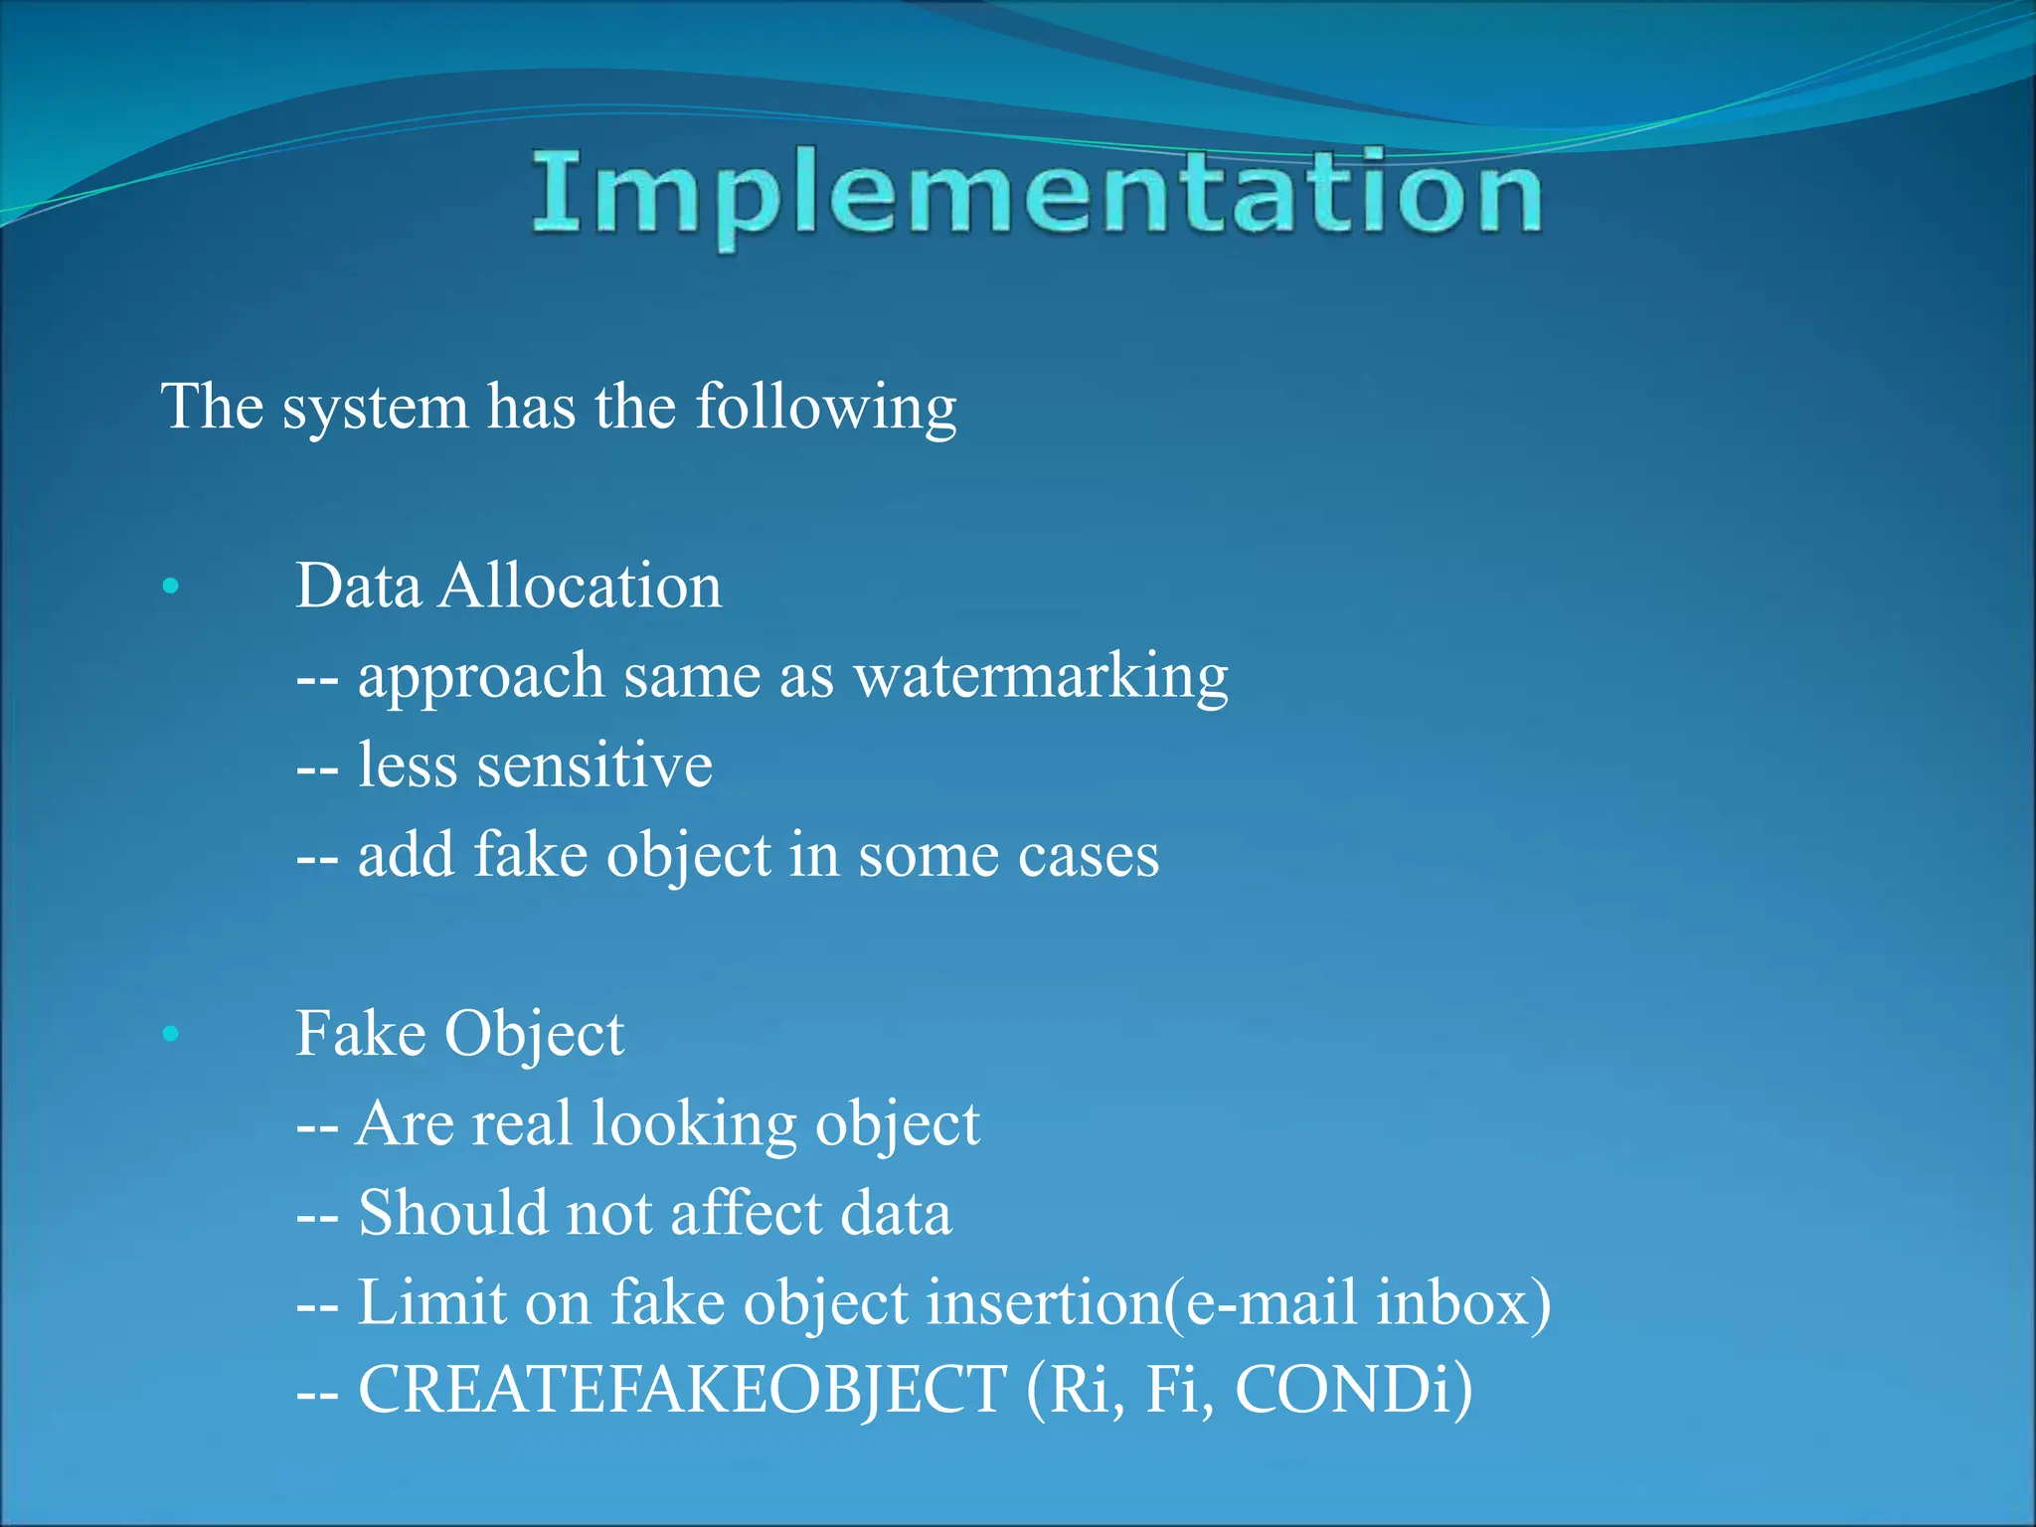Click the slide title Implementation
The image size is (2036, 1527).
[1036, 194]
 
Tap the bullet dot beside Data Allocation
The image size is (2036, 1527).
[171, 587]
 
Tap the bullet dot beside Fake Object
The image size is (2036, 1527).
[171, 1034]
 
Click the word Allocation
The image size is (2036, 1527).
[581, 586]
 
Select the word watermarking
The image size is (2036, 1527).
[1041, 678]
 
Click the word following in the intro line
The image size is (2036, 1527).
[825, 408]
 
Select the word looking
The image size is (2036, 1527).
[694, 1125]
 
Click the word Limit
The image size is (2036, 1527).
[431, 1302]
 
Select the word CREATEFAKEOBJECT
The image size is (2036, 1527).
[682, 1390]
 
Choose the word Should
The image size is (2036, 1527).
[452, 1214]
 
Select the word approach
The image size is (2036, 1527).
[481, 678]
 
